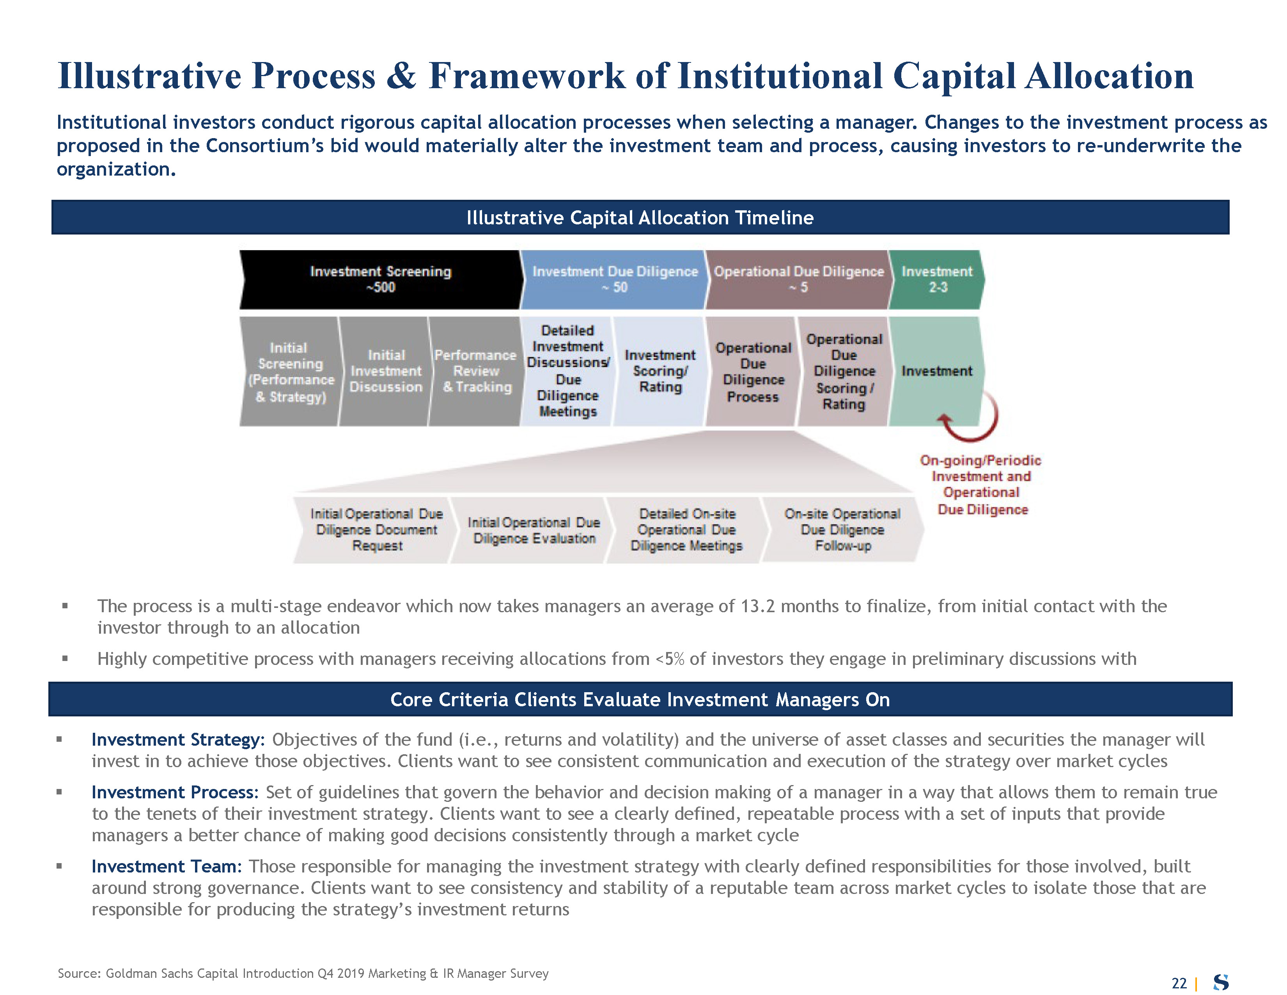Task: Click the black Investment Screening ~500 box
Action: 380,279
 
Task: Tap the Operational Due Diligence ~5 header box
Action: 798,279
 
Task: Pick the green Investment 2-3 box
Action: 937,279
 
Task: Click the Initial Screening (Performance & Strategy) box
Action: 290,372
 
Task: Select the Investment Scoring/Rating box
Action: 660,371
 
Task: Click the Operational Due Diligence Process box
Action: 753,372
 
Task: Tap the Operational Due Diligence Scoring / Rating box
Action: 844,371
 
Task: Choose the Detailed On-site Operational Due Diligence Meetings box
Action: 686,530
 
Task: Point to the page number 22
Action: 1179,983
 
